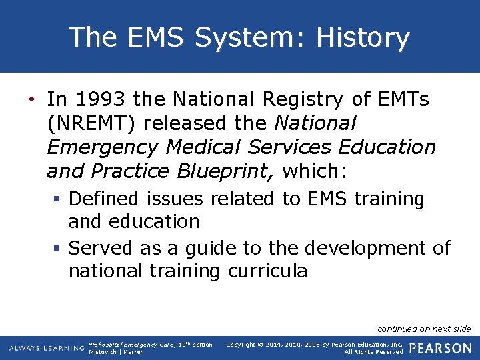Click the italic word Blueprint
pyautogui.click(x=224, y=171)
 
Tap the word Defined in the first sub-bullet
pyautogui.click(x=104, y=199)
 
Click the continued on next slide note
pyautogui.click(x=424, y=329)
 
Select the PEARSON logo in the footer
pyautogui.click(x=440, y=348)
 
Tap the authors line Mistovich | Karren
pyautogui.click(x=116, y=352)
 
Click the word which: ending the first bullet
pyautogui.click(x=315, y=171)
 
